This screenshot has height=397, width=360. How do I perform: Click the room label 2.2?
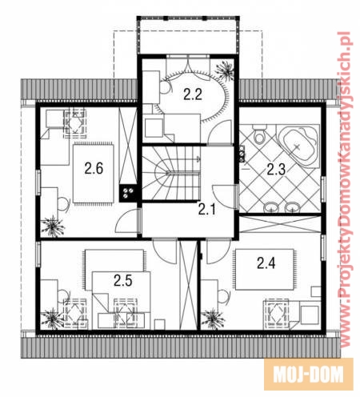click(x=193, y=94)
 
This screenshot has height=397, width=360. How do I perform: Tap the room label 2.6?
click(x=94, y=169)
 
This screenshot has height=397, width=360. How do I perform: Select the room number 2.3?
click(x=276, y=170)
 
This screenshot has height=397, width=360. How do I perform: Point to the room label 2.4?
click(x=266, y=263)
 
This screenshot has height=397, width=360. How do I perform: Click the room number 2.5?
click(x=123, y=281)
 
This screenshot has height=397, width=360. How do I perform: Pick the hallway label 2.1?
click(x=206, y=210)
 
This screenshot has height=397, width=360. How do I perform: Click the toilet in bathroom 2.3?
click(x=259, y=134)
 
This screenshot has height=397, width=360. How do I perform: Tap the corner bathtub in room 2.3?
click(x=298, y=146)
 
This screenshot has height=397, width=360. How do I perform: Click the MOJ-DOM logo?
click(x=309, y=375)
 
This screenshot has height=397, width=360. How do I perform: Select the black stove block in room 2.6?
click(x=128, y=194)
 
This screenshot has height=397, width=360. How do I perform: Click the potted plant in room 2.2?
click(x=225, y=70)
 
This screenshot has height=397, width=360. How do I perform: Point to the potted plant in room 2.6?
click(x=53, y=227)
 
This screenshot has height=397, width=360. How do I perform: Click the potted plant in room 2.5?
click(x=53, y=319)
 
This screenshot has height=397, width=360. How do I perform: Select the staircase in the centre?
click(x=171, y=173)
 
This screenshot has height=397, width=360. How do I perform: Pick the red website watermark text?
click(x=346, y=190)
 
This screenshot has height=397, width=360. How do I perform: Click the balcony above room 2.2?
click(x=188, y=36)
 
